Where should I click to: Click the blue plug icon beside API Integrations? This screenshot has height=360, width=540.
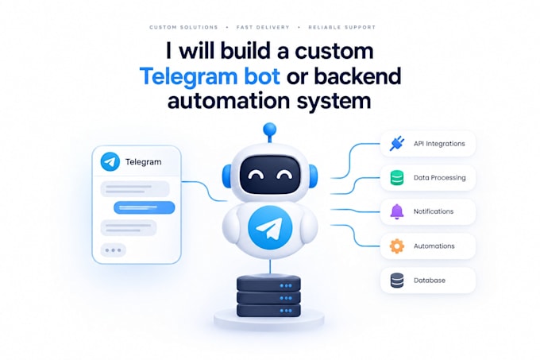click(x=397, y=144)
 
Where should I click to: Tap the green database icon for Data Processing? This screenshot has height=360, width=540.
click(x=397, y=178)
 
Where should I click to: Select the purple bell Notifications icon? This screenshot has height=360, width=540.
click(x=397, y=211)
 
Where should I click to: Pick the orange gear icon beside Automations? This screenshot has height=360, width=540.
click(x=397, y=246)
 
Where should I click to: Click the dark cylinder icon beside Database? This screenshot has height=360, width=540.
click(x=397, y=280)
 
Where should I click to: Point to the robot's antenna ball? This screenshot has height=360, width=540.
click(x=270, y=130)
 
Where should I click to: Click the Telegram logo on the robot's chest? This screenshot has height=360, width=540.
click(x=270, y=228)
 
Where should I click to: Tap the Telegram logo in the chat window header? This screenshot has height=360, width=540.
click(x=110, y=161)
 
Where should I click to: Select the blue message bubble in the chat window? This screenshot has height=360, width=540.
click(x=145, y=207)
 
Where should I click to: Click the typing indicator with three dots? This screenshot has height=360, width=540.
click(x=114, y=250)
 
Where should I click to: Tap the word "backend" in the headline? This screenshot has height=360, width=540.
click(x=358, y=75)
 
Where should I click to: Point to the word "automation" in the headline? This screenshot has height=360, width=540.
click(x=229, y=101)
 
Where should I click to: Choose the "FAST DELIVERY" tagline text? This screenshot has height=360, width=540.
click(x=263, y=27)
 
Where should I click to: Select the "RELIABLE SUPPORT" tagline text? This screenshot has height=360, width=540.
click(x=341, y=27)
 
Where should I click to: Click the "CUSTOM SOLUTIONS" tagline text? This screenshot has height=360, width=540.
click(x=183, y=27)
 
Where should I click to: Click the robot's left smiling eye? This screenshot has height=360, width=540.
click(x=256, y=176)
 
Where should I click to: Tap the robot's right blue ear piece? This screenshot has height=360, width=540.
click(x=313, y=176)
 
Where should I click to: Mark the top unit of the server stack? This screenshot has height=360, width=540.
click(x=268, y=285)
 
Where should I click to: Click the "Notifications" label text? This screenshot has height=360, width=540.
click(x=434, y=211)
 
